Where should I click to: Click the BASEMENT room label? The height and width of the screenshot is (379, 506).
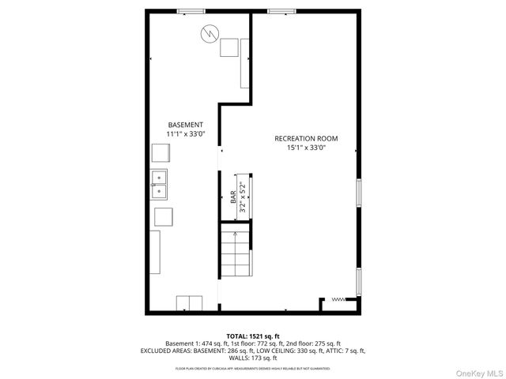(x=186, y=126)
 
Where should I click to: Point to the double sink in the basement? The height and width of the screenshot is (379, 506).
(x=160, y=184)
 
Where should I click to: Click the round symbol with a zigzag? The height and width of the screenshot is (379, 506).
(x=209, y=33)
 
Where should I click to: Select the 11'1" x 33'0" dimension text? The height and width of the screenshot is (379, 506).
(x=186, y=135)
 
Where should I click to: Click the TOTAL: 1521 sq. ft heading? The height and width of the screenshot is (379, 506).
(x=252, y=336)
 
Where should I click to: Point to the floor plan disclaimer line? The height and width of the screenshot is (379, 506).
(x=252, y=369)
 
